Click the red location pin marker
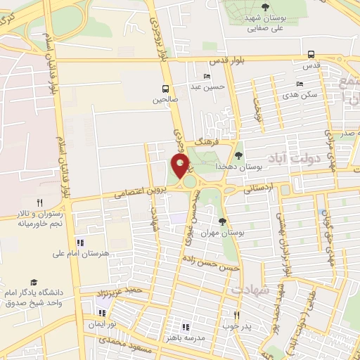(181, 167)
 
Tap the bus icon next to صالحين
(165, 89)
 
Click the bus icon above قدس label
(311, 54)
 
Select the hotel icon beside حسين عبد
(206, 76)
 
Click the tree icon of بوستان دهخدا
(238, 155)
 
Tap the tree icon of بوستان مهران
(222, 221)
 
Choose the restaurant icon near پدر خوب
(236, 315)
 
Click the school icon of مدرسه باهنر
(186, 327)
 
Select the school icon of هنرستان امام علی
(79, 243)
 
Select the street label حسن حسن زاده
(211, 264)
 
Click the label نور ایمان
(101, 324)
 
